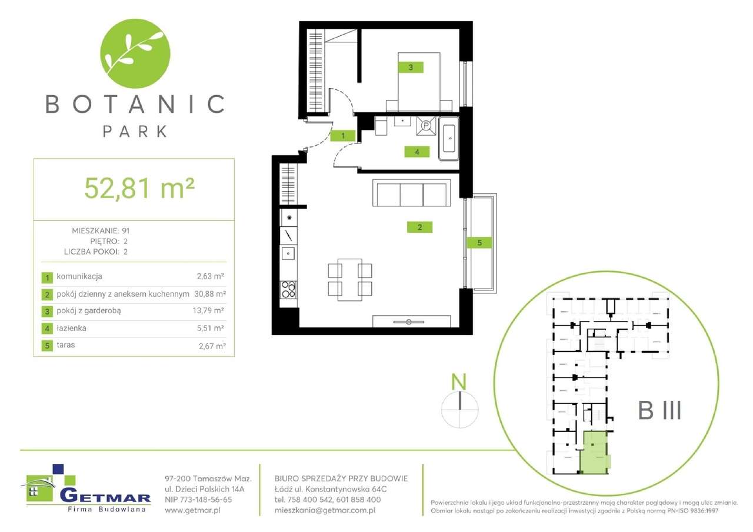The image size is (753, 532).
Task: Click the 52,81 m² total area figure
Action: tap(139, 188)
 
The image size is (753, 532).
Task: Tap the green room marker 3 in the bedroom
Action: tap(411, 68)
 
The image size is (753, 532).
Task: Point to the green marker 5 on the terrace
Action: tap(479, 242)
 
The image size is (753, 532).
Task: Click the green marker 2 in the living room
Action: tap(419, 227)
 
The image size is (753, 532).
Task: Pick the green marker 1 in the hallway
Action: tap(342, 136)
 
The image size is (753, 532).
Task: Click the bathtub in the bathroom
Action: tap(449, 139)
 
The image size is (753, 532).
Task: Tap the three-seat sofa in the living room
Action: tap(411, 194)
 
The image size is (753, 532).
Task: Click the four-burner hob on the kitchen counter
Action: tap(288, 289)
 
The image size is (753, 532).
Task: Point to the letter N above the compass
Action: tap(459, 383)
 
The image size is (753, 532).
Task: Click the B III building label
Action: tap(659, 410)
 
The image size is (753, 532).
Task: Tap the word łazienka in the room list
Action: tap(73, 328)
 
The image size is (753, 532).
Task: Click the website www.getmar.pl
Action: tap(192, 511)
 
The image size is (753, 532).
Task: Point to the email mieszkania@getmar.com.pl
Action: tap(325, 511)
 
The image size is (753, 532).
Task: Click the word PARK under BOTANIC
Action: tap(135, 131)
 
